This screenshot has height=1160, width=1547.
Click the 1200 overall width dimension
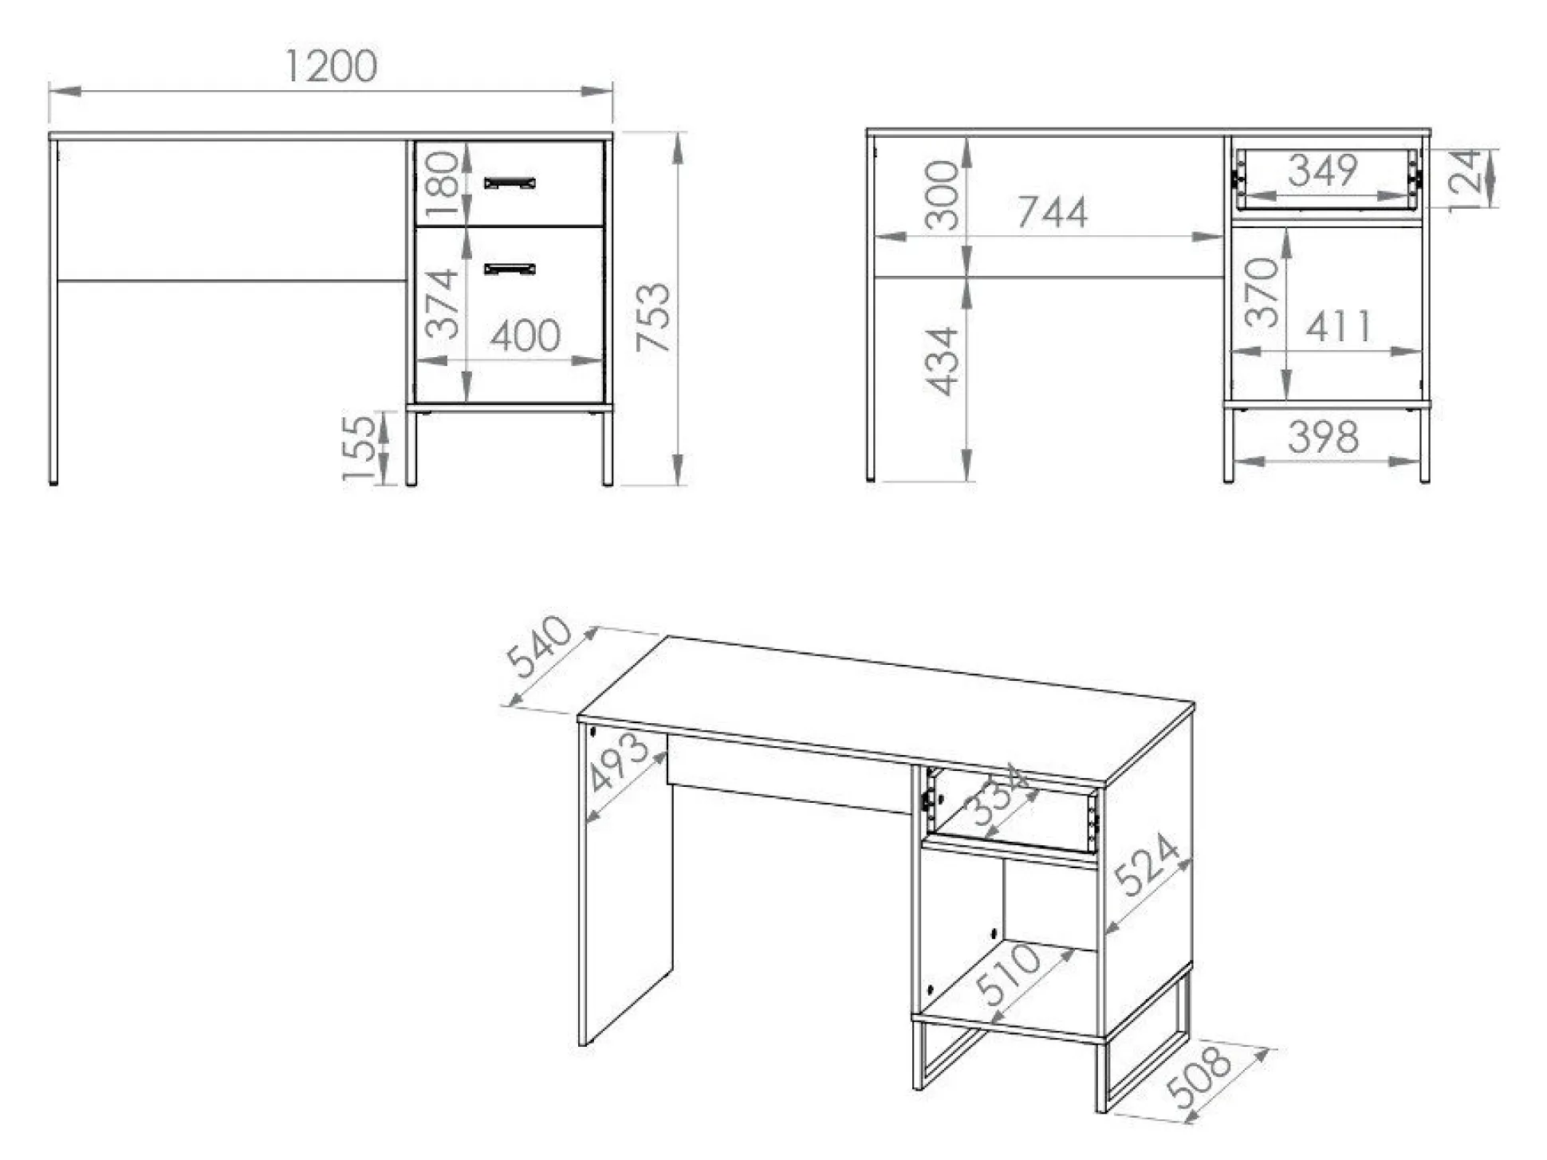point(331,66)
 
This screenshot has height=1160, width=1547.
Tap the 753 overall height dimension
point(654,317)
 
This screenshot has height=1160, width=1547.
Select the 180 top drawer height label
point(441,185)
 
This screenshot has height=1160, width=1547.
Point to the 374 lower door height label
point(441,304)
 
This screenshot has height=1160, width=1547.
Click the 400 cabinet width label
point(525,336)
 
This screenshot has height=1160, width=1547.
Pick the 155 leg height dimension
point(359,448)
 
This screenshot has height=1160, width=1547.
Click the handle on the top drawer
point(510,183)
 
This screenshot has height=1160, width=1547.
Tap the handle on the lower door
point(510,268)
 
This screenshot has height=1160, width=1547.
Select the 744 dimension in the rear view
point(1052,212)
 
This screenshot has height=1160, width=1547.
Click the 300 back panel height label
point(942,195)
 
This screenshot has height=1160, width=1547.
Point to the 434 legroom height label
point(942,361)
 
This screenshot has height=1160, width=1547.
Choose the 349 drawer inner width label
point(1323,170)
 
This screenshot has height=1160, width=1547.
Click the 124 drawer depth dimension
point(1465,180)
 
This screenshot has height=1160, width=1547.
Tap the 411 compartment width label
point(1340,326)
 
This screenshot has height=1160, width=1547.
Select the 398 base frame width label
point(1323,437)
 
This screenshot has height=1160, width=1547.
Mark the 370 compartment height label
point(1262,293)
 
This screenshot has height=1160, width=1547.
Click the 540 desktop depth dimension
point(540,647)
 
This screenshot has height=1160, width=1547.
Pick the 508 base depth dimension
point(1198,1078)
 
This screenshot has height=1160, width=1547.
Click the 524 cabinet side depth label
point(1146,864)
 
